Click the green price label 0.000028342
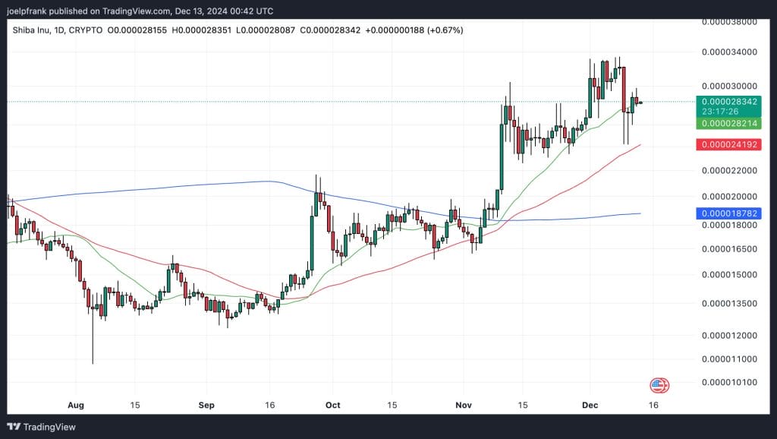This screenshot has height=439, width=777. pos(729,101)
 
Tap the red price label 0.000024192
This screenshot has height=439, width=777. pos(729,144)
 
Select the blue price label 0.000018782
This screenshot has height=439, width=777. pos(729,214)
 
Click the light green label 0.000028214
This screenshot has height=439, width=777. pos(729,123)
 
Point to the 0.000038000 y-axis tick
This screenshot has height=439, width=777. pos(729,22)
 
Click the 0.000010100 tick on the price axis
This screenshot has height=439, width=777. pos(729,382)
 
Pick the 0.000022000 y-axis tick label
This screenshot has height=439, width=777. pos(729,172)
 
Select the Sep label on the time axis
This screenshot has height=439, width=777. pos(206,406)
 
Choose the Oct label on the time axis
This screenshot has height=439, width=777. pos(332,406)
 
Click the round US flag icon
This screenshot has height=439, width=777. pos(659,385)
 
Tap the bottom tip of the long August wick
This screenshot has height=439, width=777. pos(93,363)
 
